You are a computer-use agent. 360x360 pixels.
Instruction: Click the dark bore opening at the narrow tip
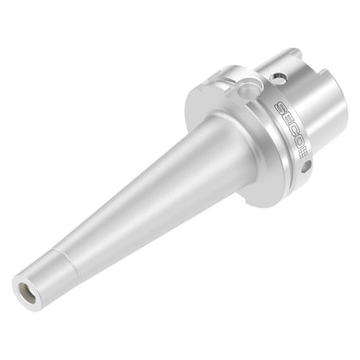tap(27, 293)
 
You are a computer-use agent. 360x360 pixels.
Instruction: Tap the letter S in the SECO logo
tap(280, 108)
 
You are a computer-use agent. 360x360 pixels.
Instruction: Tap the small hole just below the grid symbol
tap(306, 166)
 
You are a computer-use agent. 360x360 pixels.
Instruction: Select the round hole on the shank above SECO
tap(279, 77)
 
